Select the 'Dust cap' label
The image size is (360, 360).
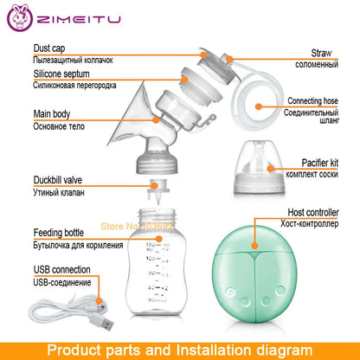[51, 48]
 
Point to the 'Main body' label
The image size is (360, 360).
[55, 112]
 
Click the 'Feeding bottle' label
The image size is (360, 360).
[61, 233]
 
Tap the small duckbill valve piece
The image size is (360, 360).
[158, 185]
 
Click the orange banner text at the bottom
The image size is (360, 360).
[180, 350]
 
